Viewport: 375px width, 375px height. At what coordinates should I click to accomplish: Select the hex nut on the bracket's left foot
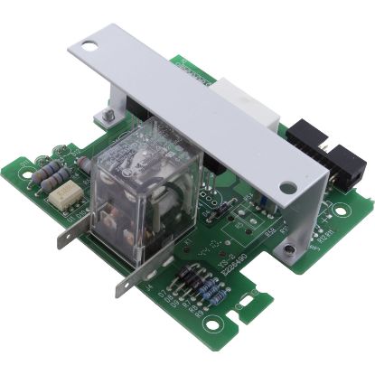pos(107,115)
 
